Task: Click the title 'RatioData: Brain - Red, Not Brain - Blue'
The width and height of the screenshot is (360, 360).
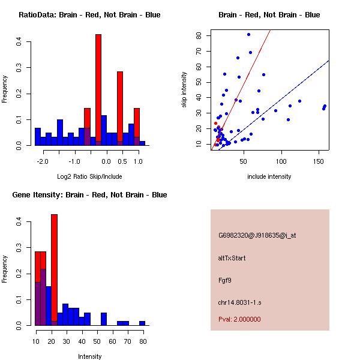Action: click(x=89, y=15)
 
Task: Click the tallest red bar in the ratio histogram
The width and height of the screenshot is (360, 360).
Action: click(x=98, y=90)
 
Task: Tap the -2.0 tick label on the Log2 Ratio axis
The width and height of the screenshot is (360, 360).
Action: click(x=43, y=161)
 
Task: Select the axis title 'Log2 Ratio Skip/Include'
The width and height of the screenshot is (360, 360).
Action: click(x=89, y=176)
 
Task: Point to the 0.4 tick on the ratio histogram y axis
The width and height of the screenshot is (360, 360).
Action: click(x=19, y=41)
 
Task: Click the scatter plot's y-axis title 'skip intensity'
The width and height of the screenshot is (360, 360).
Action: click(x=185, y=90)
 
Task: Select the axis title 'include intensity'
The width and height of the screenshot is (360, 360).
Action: click(x=269, y=176)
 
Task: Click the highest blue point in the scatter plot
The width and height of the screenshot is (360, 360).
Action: click(x=248, y=34)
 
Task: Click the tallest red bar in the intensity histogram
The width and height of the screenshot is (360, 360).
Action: click(x=55, y=270)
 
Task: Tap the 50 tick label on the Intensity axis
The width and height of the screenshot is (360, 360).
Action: click(x=96, y=341)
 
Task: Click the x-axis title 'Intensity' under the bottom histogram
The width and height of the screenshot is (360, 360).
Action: click(x=89, y=356)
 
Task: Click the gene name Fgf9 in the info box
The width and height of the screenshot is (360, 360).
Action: click(x=225, y=280)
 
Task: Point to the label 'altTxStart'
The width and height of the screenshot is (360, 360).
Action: click(x=232, y=258)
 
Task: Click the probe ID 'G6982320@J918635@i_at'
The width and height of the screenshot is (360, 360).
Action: click(x=257, y=235)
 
